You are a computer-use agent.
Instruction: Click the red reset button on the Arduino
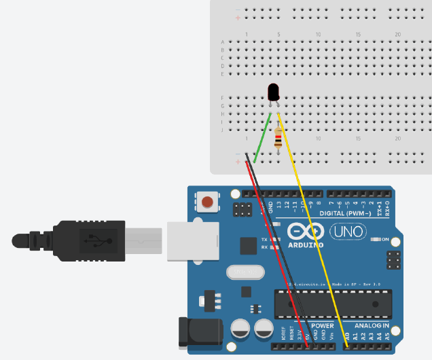pyautogui.click(x=208, y=201)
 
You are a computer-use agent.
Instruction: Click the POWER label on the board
pyautogui.click(x=323, y=325)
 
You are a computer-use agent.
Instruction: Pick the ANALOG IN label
pyautogui.click(x=372, y=325)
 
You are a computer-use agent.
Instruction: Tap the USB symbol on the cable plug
pyautogui.click(x=91, y=240)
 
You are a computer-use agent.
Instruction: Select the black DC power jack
pyautogui.click(x=192, y=333)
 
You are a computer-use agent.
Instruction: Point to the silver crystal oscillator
pyautogui.click(x=245, y=272)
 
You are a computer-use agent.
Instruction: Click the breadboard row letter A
pyautogui.click(x=223, y=42)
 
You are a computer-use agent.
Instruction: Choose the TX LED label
pyautogui.click(x=266, y=240)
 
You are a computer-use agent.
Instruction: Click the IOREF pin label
pyautogui.click(x=284, y=334)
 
